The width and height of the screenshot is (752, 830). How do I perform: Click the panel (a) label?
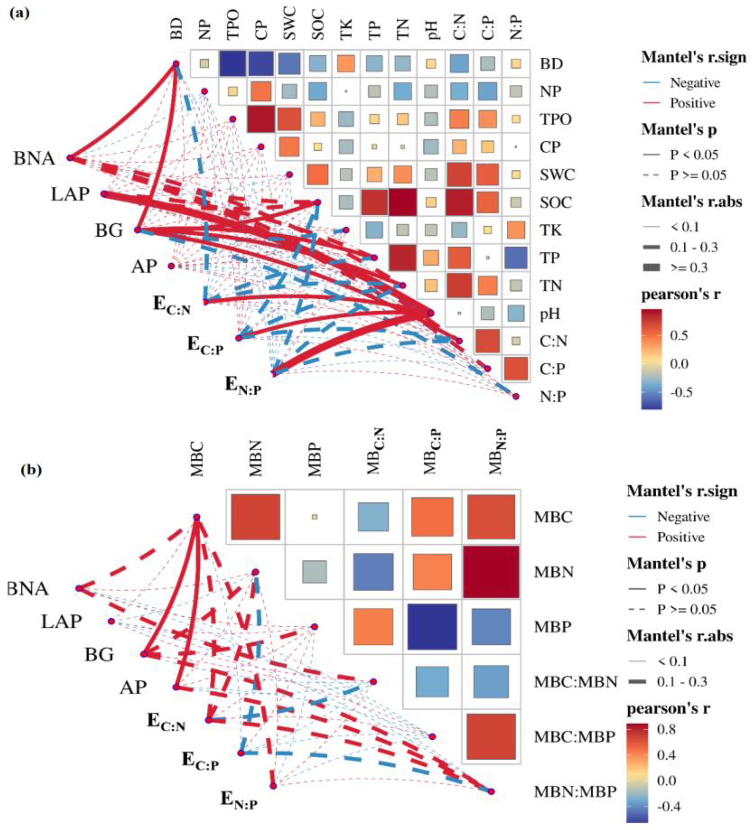pyautogui.click(x=19, y=13)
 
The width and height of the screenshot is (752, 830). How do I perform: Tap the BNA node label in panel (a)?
pyautogui.click(x=34, y=158)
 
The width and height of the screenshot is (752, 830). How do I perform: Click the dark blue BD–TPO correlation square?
pyautogui.click(x=232, y=63)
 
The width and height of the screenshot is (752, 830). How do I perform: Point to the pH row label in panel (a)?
pyautogui.click(x=550, y=314)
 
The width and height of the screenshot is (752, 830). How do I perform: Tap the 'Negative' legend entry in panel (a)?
pyautogui.click(x=695, y=83)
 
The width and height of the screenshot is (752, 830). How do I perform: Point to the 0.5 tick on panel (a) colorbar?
pyautogui.click(x=679, y=335)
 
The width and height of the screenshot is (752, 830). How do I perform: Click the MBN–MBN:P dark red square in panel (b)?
pyautogui.click(x=491, y=572)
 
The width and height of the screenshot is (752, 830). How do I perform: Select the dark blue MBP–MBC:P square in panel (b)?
pyautogui.click(x=432, y=627)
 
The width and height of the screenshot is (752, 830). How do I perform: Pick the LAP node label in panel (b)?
pyautogui.click(x=61, y=621)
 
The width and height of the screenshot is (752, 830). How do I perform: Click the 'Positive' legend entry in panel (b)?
pyautogui.click(x=681, y=537)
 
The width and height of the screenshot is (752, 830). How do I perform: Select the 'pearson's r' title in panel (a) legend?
pyautogui.click(x=681, y=294)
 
